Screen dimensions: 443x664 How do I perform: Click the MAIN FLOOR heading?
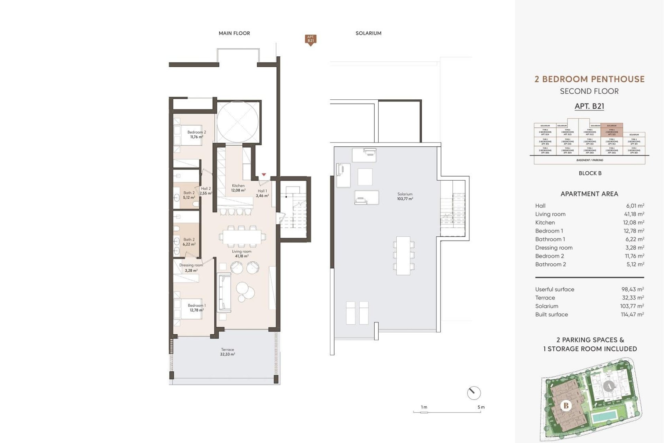234,33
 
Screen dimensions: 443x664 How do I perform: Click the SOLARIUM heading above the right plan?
368,33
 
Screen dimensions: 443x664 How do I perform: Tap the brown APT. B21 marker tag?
311,39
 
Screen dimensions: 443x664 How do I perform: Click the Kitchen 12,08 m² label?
238,188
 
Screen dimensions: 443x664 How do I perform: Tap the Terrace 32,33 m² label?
228,352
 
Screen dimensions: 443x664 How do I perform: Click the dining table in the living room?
242,237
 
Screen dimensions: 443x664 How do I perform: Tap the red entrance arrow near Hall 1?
264,175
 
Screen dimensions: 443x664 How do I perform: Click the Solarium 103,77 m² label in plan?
405,196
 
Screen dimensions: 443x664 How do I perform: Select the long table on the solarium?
403,255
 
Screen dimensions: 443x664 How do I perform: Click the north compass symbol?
474,393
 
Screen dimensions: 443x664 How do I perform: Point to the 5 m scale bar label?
481,407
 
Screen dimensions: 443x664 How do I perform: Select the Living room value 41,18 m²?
634,214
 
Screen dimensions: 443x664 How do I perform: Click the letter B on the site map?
566,405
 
